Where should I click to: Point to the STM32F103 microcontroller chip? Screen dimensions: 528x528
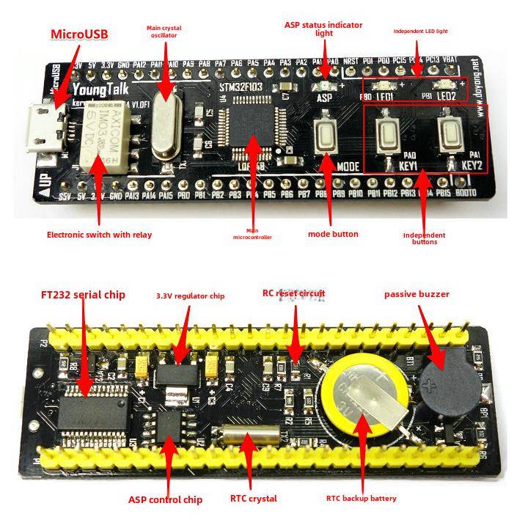coord(252,131)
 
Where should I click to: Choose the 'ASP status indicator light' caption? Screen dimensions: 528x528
coord(323,29)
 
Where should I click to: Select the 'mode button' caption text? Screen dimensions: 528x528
coord(333,234)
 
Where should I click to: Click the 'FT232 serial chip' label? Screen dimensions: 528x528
coord(82,295)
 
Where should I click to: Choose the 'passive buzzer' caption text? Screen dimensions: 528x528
coord(417,294)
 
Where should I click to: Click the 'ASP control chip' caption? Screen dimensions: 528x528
coord(165,499)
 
